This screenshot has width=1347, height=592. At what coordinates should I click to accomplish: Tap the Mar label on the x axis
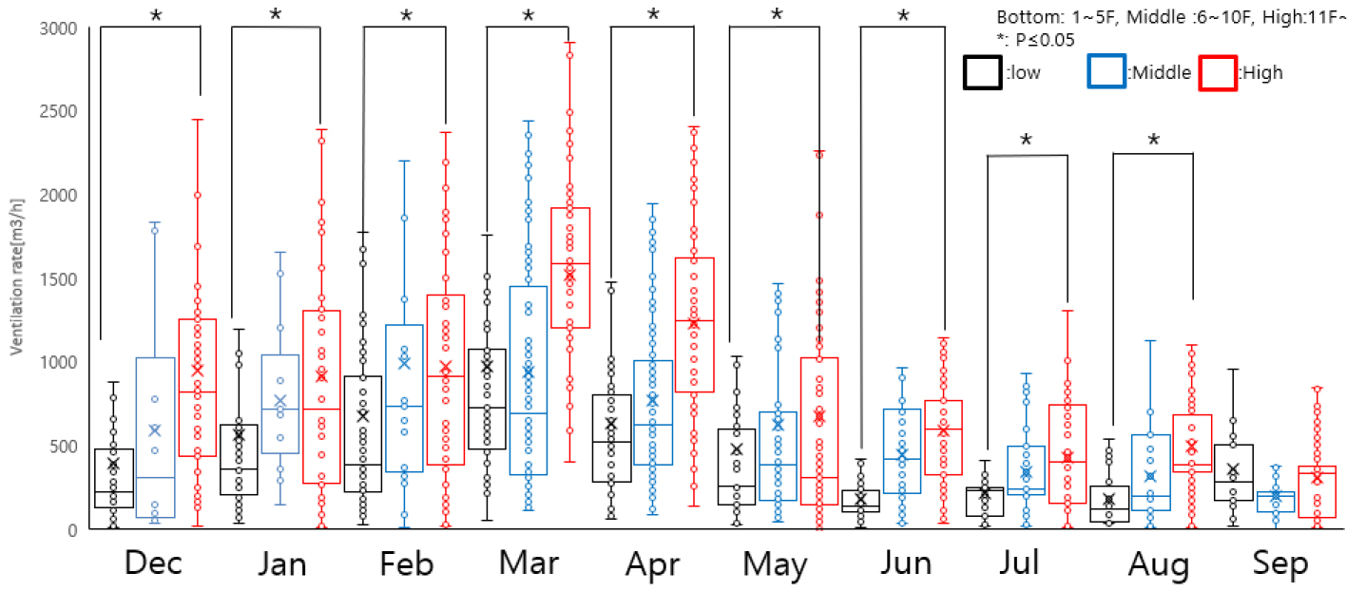(x=528, y=563)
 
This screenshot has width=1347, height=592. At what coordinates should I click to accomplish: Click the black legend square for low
(x=982, y=72)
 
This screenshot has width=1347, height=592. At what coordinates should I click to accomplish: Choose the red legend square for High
(x=1219, y=72)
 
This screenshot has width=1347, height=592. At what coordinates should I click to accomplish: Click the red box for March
(x=570, y=268)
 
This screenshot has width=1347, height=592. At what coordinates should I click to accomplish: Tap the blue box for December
(x=156, y=437)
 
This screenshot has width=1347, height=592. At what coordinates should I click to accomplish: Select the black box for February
(x=363, y=434)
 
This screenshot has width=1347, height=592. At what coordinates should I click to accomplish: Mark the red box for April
(x=694, y=325)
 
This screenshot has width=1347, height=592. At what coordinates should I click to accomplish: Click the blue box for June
(x=901, y=451)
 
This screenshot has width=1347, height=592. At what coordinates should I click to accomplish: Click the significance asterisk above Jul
(x=1026, y=142)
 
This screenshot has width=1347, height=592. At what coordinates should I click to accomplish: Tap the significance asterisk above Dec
(x=155, y=15)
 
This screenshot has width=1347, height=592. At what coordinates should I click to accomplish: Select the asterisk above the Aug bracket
(x=1152, y=142)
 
